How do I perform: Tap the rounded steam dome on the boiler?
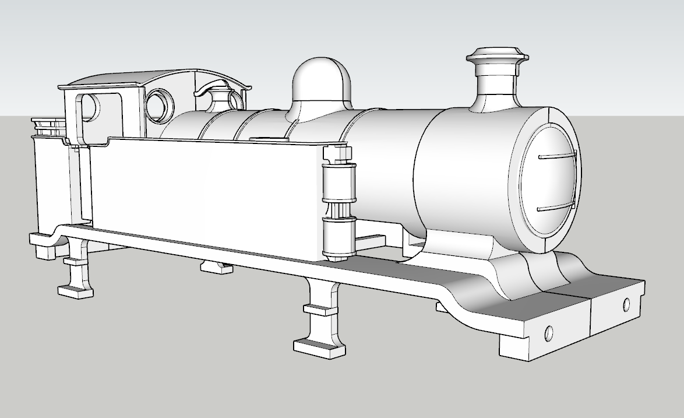[x=322, y=82]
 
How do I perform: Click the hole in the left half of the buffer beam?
[x=549, y=334]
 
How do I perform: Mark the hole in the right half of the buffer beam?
[x=626, y=304]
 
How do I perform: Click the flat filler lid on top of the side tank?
[x=269, y=139]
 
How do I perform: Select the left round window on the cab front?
[x=158, y=105]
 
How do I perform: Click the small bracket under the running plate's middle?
[x=216, y=267]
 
